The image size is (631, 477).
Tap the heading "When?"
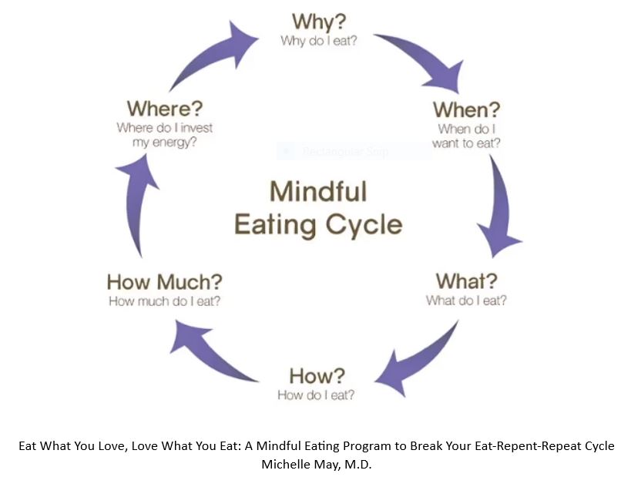click(x=466, y=109)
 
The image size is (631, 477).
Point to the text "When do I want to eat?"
click(x=466, y=136)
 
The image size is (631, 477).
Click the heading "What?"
click(x=466, y=280)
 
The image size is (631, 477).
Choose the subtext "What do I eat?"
click(x=466, y=301)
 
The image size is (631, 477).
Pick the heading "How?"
click(x=316, y=376)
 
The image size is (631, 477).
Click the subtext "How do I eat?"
click(x=316, y=395)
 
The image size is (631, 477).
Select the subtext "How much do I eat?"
click(x=164, y=301)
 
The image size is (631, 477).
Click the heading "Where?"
click(x=164, y=109)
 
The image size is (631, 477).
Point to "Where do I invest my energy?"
click(x=164, y=136)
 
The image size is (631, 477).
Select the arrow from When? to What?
click(x=498, y=208)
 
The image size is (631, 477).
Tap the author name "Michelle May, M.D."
click(x=316, y=464)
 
